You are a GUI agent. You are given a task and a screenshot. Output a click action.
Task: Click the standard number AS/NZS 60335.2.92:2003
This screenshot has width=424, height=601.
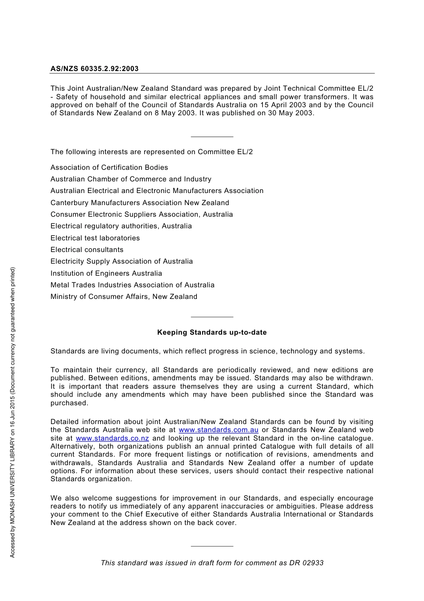94,69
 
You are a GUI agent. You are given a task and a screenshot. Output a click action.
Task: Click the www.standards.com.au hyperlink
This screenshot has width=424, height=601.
218,430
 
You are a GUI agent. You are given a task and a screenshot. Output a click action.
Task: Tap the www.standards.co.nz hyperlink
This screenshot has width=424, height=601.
112,438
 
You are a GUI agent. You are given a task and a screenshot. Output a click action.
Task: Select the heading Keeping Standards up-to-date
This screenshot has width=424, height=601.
212,332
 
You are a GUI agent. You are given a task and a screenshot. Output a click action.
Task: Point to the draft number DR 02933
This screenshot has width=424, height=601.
306,563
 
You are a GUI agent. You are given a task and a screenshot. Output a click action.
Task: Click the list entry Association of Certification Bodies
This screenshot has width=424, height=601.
109,168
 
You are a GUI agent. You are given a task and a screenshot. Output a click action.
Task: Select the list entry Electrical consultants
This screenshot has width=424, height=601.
87,250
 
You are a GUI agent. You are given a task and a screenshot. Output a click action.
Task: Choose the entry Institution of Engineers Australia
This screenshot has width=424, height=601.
106,273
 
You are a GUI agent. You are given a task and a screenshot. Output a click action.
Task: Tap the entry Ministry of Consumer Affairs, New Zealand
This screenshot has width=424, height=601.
124,297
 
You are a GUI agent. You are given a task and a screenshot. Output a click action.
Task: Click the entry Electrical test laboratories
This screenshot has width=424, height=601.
95,238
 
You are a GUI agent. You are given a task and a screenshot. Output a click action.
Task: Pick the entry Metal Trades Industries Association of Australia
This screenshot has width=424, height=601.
132,285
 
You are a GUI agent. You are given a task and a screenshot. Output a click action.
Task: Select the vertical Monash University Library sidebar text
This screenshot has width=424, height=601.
12,412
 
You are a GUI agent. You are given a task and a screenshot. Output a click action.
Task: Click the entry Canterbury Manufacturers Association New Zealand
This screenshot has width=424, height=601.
139,203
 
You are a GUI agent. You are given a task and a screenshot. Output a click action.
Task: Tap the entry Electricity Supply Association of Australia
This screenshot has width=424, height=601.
121,261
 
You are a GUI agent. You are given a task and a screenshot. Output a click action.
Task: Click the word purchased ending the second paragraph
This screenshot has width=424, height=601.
69,403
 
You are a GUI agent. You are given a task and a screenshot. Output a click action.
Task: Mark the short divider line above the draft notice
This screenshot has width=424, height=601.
212,546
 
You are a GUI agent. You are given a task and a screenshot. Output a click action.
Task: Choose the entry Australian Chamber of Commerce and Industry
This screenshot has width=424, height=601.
131,179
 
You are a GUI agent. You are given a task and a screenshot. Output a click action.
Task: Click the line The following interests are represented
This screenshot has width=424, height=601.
151,152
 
